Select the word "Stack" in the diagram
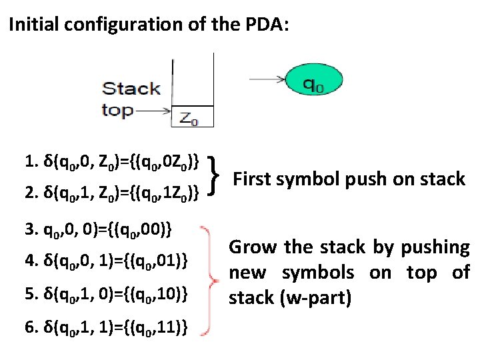131,89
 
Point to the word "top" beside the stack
117,110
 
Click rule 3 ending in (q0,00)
99,231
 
